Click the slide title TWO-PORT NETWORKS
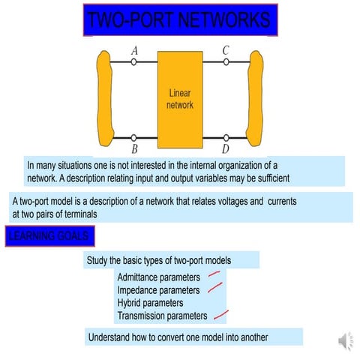click(179, 20)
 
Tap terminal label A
click(134, 50)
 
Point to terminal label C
click(226, 50)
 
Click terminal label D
click(226, 150)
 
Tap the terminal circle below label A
click(134, 63)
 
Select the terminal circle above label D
click(226, 138)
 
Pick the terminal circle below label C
click(226, 63)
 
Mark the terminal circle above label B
click(134, 138)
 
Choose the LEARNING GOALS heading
click(49, 237)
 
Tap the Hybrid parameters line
click(150, 303)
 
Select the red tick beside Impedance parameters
click(214, 287)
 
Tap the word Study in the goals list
click(98, 261)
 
